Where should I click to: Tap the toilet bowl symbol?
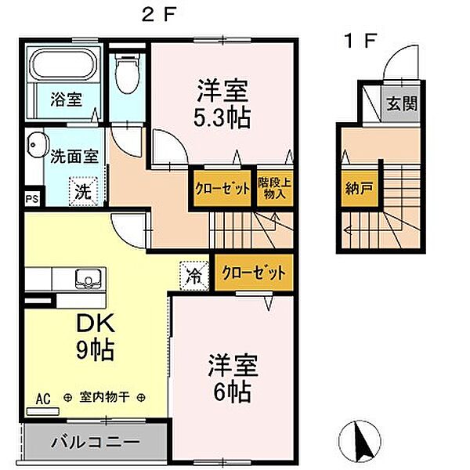[128, 73]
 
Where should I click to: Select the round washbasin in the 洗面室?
[38, 145]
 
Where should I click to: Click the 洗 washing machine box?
[83, 191]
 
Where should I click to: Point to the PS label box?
[32, 199]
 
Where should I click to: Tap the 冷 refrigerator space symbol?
[194, 276]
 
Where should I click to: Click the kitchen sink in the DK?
[88, 279]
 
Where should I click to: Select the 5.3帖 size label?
[222, 118]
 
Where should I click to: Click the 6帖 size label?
[232, 392]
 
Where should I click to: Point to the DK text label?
[96, 323]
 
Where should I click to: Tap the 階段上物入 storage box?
[275, 189]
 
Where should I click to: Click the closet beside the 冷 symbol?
[254, 273]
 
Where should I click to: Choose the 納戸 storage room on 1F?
[359, 189]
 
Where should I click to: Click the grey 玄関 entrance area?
[401, 104]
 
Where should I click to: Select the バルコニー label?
[96, 442]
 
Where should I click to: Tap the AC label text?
[43, 399]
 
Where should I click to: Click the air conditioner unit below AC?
[42, 411]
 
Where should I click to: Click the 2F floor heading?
[158, 15]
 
